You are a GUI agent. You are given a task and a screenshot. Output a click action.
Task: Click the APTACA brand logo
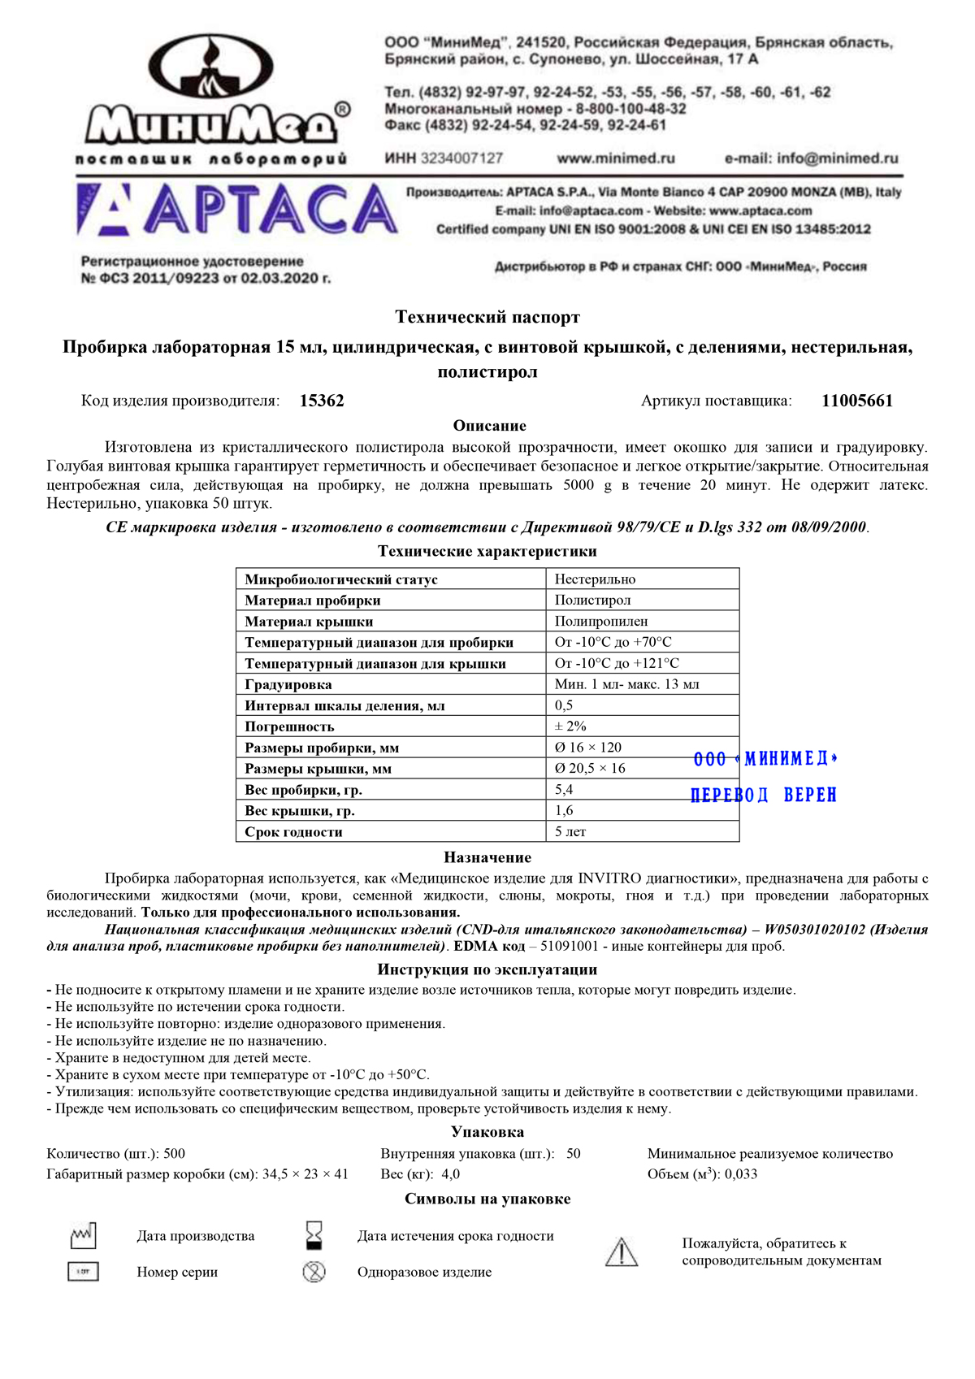coord(236,210)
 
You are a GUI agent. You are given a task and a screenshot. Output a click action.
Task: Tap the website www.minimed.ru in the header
coord(615,158)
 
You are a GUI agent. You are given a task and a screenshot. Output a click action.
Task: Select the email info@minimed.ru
coord(811,158)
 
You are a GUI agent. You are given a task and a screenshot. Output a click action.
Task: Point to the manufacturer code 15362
coord(322,401)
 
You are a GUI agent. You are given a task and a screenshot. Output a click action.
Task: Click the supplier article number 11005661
coord(856,401)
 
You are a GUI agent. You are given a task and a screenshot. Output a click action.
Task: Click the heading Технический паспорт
coord(487,317)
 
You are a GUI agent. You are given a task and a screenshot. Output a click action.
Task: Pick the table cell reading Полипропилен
coord(601,622)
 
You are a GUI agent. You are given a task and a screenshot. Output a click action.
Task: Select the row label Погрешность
coord(289,726)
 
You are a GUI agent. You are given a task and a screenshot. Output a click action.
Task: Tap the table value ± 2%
coord(570,726)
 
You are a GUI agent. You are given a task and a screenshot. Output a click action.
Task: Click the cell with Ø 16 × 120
coord(588,748)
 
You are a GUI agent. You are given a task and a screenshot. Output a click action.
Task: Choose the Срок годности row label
coord(293,832)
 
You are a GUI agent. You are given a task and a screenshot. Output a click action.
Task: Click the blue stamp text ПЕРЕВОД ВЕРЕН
coord(764,795)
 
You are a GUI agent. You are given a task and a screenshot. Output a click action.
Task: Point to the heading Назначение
coord(487,857)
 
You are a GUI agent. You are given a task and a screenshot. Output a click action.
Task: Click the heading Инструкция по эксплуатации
coord(487,969)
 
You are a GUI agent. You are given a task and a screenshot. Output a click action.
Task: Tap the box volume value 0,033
coord(741,1174)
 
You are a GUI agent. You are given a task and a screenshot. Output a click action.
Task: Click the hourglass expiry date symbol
coord(314,1235)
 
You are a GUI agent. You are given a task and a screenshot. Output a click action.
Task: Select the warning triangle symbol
coord(622,1252)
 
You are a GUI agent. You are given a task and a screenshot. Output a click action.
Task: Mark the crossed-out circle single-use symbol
coord(314,1272)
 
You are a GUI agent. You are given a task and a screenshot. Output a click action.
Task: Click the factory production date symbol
coord(83,1236)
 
